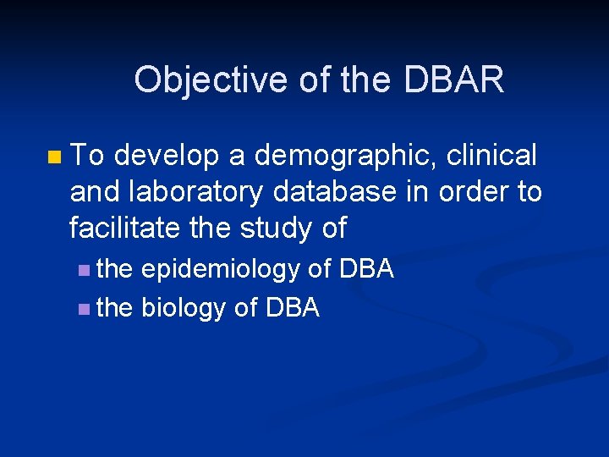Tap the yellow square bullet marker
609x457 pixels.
pyautogui.click(x=55, y=157)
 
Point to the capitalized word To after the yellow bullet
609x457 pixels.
pyautogui.click(x=88, y=156)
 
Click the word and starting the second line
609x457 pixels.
pyautogui.click(x=94, y=192)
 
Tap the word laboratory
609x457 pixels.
pyautogui.click(x=207, y=193)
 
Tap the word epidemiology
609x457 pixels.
pyautogui.click(x=220, y=270)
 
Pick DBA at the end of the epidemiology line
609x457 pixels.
pyautogui.click(x=366, y=269)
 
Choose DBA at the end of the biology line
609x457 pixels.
pyautogui.click(x=293, y=308)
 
